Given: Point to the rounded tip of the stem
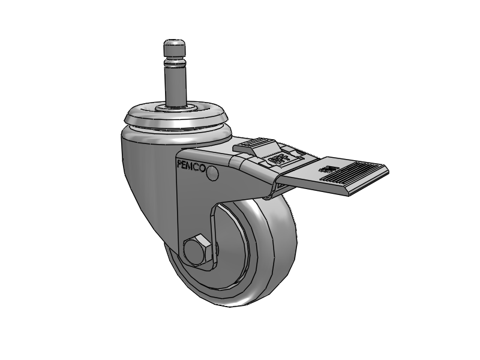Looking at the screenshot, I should coord(175,45).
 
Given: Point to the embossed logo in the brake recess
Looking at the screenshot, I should coord(280,159).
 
